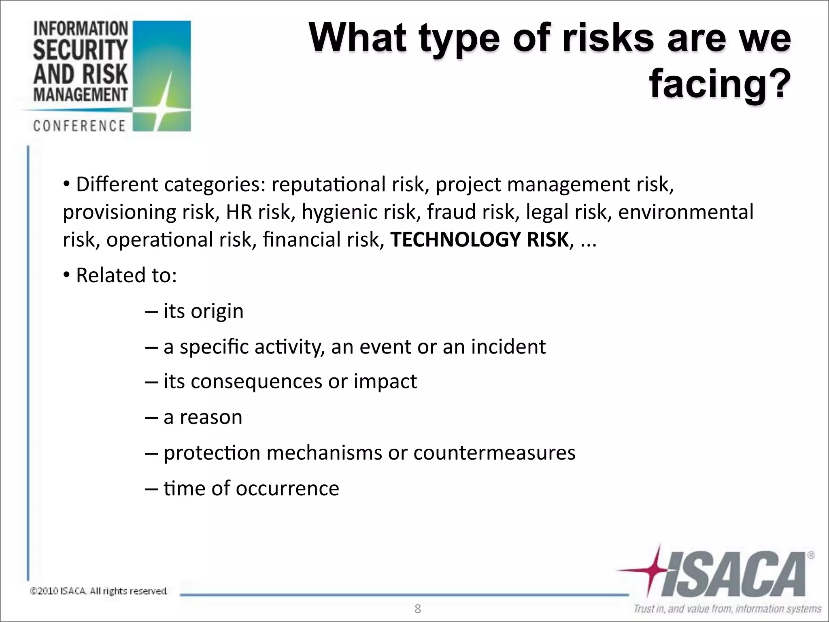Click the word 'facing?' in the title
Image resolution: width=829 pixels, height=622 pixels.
[720, 84]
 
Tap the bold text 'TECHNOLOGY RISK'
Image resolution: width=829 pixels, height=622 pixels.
[480, 239]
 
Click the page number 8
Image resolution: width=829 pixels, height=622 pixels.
[418, 609]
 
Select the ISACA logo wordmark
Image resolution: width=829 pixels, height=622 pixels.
[733, 575]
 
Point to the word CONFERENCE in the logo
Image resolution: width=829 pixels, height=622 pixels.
[79, 126]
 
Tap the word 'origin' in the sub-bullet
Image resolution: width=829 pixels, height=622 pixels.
[217, 311]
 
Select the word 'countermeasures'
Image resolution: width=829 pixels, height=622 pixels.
[494, 453]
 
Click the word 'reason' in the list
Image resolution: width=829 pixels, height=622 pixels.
[211, 417]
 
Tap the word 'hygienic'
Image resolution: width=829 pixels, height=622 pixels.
[358, 212]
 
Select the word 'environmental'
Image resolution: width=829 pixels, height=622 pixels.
[686, 212]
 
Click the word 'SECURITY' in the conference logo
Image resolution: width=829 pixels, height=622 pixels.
[80, 50]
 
